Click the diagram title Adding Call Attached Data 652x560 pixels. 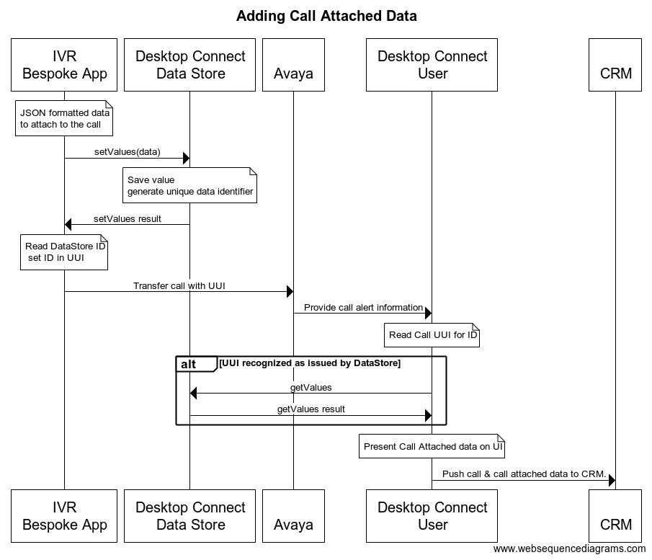click(326, 16)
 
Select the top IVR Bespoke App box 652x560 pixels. click(64, 65)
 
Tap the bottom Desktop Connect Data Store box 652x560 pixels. click(190, 516)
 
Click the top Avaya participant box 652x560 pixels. click(293, 65)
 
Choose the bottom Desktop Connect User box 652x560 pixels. click(432, 516)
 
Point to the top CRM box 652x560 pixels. click(615, 65)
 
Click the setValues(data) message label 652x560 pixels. click(127, 152)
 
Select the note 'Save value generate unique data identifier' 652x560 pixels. click(190, 186)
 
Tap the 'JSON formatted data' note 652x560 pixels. click(65, 119)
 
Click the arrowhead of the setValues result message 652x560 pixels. click(68, 225)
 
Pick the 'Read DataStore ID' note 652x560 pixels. click(64, 252)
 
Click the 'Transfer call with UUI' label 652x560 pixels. click(179, 285)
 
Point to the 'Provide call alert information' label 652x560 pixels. click(363, 307)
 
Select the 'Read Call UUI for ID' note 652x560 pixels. click(432, 335)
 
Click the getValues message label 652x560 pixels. click(311, 387)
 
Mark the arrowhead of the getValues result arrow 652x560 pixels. click(427, 416)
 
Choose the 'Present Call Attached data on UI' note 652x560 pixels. click(432, 447)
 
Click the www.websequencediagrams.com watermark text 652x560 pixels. click(570, 548)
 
